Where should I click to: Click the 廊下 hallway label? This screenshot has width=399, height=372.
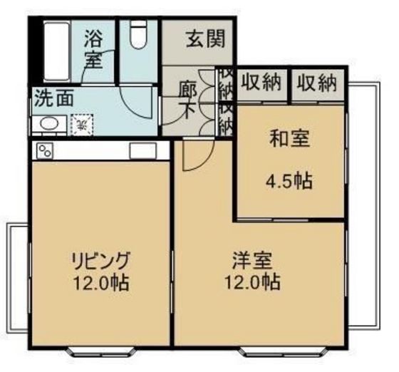pyautogui.click(x=187, y=99)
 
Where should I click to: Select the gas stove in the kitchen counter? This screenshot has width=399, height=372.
pyautogui.click(x=45, y=150)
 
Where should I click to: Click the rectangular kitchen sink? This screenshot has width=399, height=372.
pyautogui.click(x=142, y=150)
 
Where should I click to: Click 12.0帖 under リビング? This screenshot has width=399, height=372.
pyautogui.click(x=100, y=282)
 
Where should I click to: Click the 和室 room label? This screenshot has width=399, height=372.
pyautogui.click(x=290, y=139)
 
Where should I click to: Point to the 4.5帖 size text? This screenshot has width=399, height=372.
pyautogui.click(x=289, y=180)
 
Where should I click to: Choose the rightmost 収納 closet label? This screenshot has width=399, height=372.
pyautogui.click(x=316, y=84)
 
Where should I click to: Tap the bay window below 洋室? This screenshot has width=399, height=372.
pyautogui.click(x=273, y=350)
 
